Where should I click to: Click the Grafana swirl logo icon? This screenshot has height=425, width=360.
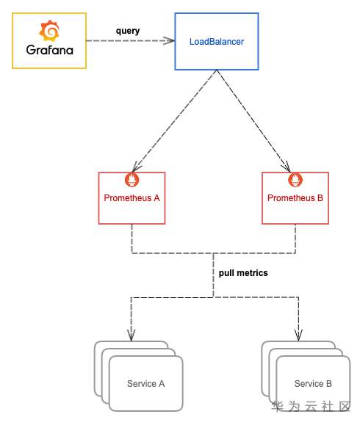click(49, 30)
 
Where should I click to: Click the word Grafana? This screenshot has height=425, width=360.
click(50, 50)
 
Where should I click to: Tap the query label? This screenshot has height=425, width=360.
click(128, 31)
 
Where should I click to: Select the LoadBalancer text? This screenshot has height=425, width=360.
click(217, 42)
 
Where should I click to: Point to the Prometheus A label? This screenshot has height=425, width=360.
click(132, 198)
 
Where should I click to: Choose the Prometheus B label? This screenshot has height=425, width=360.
click(295, 198)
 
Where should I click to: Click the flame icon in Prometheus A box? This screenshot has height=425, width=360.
click(132, 179)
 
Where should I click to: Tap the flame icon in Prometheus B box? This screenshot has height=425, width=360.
click(295, 179)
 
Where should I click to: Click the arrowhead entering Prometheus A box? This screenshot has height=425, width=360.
click(136, 167)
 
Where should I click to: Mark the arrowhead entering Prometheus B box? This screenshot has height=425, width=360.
click(287, 167)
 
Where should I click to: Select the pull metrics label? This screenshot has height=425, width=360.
click(243, 273)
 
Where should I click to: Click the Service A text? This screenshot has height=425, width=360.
click(145, 384)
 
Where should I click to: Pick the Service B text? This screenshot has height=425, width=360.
click(313, 384)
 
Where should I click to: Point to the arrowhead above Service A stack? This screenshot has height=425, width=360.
click(132, 335)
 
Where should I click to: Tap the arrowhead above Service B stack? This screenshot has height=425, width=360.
click(299, 335)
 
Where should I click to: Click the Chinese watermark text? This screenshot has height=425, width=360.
click(312, 407)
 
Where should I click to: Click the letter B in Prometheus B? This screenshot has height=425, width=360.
click(320, 198)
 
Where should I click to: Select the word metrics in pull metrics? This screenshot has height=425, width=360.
click(252, 273)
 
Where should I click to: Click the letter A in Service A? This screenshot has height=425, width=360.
click(162, 384)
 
